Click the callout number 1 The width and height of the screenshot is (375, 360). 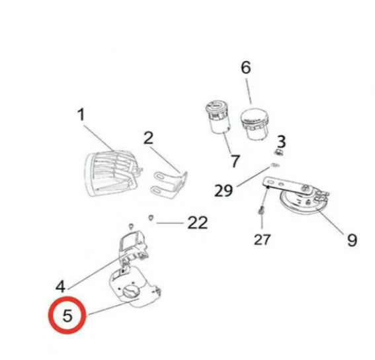tap(81, 114)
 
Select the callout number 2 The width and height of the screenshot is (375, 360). tap(148, 138)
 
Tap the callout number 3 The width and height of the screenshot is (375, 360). tap(281, 142)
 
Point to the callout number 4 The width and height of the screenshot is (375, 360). tap(60, 287)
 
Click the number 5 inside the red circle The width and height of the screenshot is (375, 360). tap(67, 315)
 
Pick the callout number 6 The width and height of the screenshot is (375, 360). tap(246, 67)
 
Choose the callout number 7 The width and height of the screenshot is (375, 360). tap(235, 161)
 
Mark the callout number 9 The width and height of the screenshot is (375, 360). tap(352, 240)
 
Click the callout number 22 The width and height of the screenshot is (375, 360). tap(198, 223)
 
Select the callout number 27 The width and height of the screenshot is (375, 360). tap(263, 240)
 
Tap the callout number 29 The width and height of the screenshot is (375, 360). tap(224, 191)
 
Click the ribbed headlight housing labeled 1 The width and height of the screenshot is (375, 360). tap(112, 173)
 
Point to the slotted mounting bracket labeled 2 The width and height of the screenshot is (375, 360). tap(169, 185)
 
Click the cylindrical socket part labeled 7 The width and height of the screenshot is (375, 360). tap(218, 117)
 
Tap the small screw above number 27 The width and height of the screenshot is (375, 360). tap(261, 210)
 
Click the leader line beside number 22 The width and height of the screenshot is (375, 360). tap(170, 223)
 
